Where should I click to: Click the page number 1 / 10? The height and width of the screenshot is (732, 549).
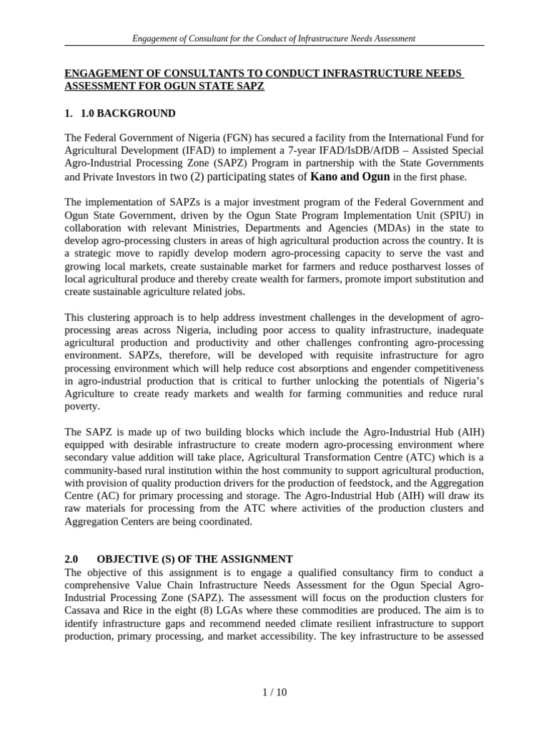(x=274, y=692)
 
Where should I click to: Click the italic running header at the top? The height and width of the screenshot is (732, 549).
(x=274, y=37)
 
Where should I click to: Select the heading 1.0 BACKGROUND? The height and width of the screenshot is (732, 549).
(x=136, y=114)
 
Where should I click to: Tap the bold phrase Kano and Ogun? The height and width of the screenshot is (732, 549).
(x=350, y=177)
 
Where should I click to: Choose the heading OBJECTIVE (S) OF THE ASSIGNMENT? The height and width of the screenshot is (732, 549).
(x=194, y=559)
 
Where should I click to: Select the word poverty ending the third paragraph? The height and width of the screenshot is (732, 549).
(x=82, y=406)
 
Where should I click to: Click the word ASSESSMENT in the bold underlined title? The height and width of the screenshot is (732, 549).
(x=99, y=86)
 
